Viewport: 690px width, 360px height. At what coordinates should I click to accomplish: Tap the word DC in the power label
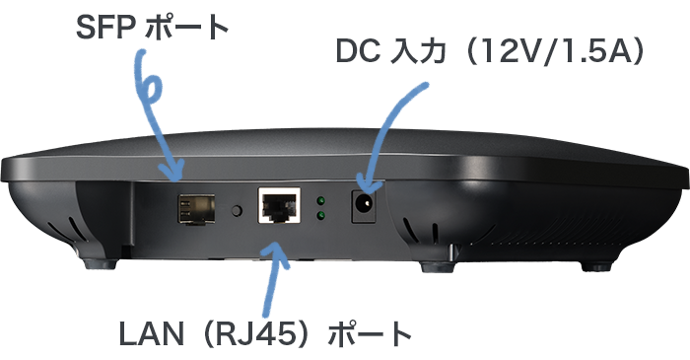(x=357, y=50)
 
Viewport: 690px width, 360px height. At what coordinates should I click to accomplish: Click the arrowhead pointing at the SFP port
(x=176, y=174)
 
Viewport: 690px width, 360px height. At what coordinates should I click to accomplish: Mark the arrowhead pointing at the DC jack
(x=366, y=184)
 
